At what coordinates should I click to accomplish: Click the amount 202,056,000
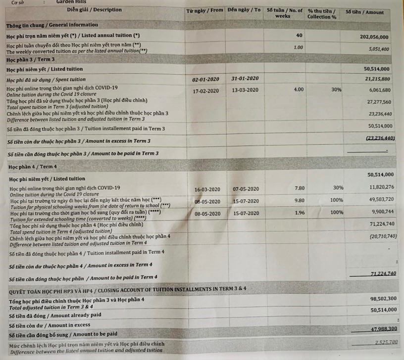point(374,37)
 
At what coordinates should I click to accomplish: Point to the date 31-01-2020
point(245,79)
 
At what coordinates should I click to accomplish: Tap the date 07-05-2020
point(246,188)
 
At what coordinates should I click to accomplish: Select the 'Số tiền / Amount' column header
point(364,12)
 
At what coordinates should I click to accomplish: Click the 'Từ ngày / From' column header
point(204,10)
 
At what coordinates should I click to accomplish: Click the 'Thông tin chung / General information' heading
point(52,25)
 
